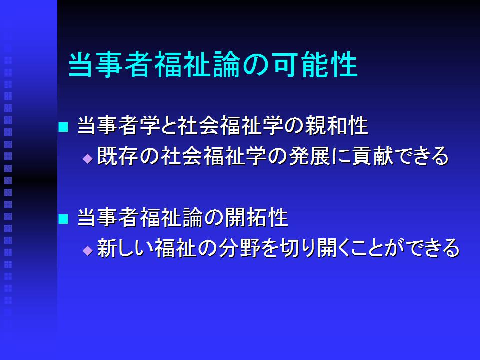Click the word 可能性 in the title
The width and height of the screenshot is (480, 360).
coord(315,64)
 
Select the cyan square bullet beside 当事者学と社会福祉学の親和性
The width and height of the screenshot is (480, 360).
coord(63,127)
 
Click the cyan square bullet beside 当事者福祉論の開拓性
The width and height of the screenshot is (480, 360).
coord(63,219)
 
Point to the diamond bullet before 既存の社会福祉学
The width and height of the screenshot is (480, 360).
coord(88,158)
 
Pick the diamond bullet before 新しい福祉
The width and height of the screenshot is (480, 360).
coord(88,250)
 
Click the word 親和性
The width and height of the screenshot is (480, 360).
coord(337,125)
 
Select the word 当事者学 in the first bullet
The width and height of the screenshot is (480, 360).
coord(119,125)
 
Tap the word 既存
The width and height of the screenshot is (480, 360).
coord(118,156)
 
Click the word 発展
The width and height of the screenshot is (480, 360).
coord(309,156)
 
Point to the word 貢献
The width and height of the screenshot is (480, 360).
coord(373,156)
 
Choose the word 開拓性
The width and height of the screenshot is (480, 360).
coord(256,217)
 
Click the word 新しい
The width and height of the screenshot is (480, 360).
coord(125,248)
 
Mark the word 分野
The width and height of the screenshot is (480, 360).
coord(239,248)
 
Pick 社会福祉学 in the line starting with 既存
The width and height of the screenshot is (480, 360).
coord(214,156)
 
